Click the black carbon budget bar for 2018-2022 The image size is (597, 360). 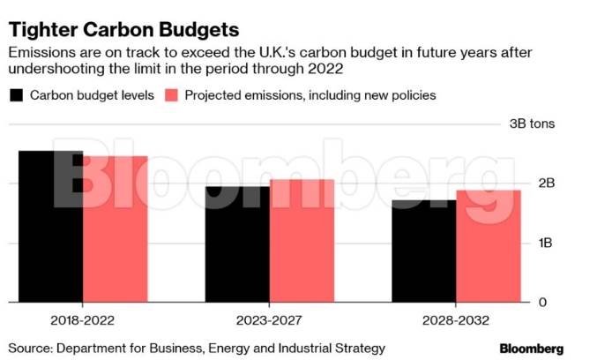[x=50, y=227]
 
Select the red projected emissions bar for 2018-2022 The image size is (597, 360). [x=116, y=229]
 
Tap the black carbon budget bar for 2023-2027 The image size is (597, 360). [x=237, y=244]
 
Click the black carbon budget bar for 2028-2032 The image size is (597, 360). [x=424, y=251]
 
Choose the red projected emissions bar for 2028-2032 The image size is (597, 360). [x=489, y=246]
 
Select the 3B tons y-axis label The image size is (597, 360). [x=533, y=124]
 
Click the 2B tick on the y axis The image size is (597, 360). [x=546, y=184]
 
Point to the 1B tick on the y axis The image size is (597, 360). [x=546, y=243]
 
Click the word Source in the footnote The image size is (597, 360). [x=30, y=349]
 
